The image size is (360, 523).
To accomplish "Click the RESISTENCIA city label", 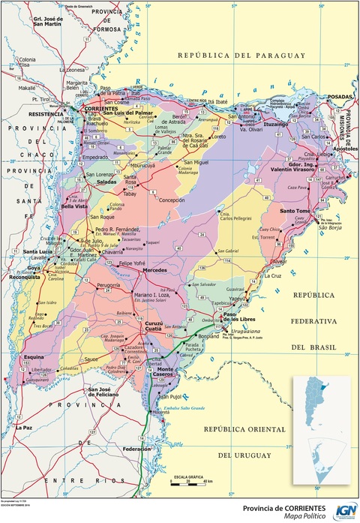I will point(46,114).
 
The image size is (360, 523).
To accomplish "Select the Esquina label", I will point(34,357).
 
